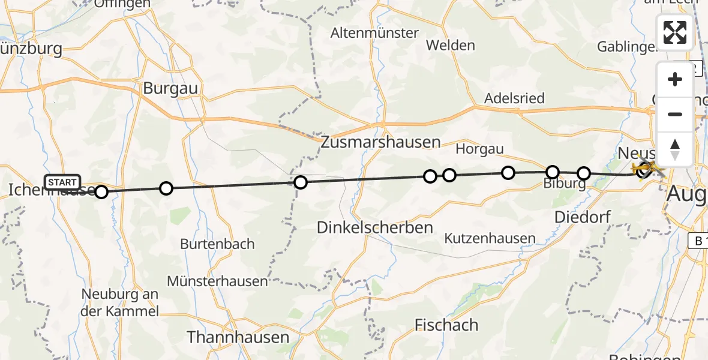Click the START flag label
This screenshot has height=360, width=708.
(62, 182)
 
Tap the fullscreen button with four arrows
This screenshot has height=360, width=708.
(675, 32)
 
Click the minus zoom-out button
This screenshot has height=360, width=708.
(675, 115)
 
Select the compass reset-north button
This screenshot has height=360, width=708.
(675, 149)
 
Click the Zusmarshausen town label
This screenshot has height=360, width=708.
(380, 142)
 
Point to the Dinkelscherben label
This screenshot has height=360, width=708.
(374, 227)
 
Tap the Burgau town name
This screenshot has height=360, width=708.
(170, 88)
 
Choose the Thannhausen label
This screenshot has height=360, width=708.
(238, 337)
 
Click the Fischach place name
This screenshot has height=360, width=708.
(446, 325)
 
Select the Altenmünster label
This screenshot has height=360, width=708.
(374, 33)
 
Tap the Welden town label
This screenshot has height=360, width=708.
(450, 45)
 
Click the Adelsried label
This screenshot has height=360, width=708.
(515, 98)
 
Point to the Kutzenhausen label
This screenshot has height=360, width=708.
(490, 238)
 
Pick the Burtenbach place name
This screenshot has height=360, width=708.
(217, 244)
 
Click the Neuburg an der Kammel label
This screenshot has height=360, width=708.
(121, 302)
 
